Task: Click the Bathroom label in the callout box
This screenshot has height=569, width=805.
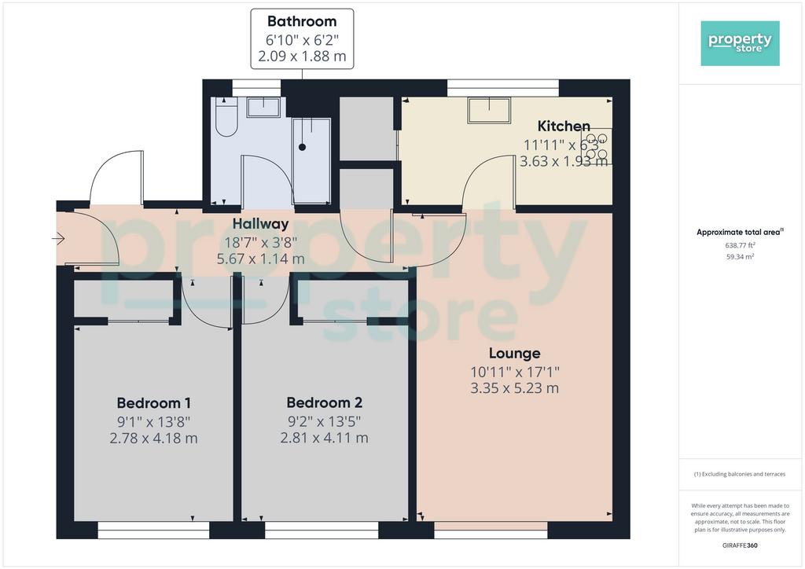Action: (x=302, y=21)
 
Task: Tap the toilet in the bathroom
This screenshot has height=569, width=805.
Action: (x=226, y=117)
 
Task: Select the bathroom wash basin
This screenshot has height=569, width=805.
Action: (x=263, y=107)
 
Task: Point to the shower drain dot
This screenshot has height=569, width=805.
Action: (x=303, y=147)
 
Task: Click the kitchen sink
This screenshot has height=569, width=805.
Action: (x=489, y=110)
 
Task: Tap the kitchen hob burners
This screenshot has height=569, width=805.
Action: (x=597, y=146)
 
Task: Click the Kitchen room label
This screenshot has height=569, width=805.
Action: (x=564, y=127)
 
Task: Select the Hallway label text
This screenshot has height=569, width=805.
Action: (x=261, y=224)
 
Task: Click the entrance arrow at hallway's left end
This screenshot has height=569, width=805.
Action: (x=58, y=239)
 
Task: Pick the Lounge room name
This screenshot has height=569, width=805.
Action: (x=514, y=353)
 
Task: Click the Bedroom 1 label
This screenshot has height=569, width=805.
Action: (x=154, y=402)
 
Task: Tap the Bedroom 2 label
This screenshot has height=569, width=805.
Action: (x=325, y=402)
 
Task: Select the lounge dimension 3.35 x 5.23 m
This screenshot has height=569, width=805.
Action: (x=514, y=388)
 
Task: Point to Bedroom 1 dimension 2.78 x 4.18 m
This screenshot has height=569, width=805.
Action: (x=153, y=439)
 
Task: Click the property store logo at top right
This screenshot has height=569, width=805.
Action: (x=741, y=43)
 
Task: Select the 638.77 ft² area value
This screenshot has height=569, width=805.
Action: (x=741, y=245)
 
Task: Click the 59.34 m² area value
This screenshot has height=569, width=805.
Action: (x=741, y=256)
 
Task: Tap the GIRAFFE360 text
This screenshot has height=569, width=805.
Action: (x=740, y=545)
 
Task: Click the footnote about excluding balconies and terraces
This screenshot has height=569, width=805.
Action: (x=740, y=474)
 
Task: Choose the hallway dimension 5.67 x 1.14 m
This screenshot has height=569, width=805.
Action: (x=261, y=259)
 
